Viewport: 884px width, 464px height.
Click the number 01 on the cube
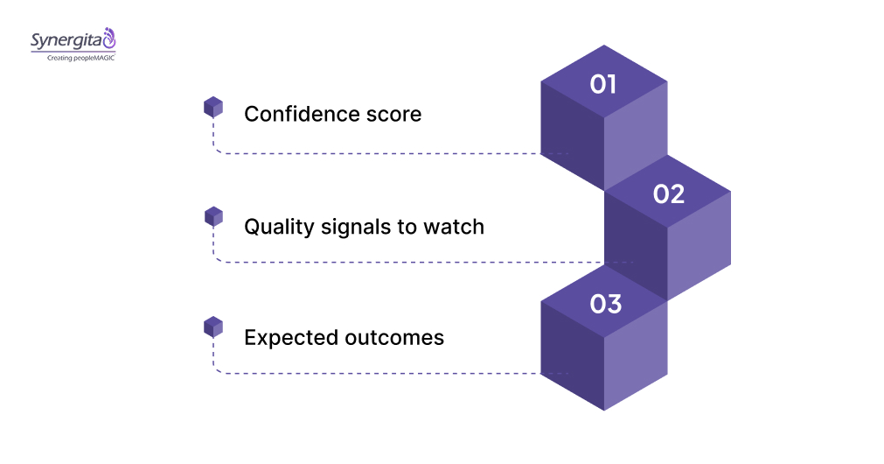[603, 84]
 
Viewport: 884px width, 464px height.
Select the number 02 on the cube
[668, 193]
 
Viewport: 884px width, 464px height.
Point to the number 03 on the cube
[605, 304]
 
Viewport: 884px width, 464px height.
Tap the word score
[393, 114]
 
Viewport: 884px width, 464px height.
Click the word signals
[355, 227]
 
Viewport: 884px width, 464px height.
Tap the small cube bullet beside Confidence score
[213, 107]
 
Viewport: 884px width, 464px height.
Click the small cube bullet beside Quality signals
[213, 216]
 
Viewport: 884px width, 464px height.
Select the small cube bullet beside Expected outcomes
[213, 327]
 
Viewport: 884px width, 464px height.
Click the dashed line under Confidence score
[376, 153]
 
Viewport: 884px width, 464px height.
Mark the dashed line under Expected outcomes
[376, 374]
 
